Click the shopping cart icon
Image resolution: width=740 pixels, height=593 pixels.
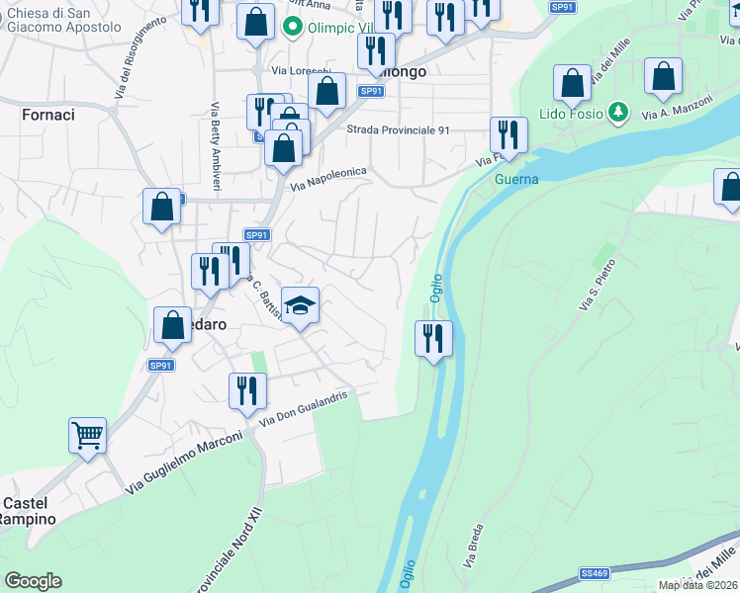[x=88, y=435]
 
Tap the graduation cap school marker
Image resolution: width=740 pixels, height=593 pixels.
[x=301, y=304]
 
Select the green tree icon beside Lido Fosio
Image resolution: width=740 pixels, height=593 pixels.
[x=618, y=113]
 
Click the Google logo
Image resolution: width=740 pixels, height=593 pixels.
[x=33, y=581]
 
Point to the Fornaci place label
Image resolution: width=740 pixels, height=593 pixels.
[x=47, y=115]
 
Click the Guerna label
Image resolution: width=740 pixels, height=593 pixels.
[x=516, y=179]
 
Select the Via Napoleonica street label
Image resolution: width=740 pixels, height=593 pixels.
[x=327, y=179]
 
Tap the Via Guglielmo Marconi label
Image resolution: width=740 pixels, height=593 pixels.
[x=184, y=463]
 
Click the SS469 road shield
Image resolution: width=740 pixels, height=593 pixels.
[x=594, y=572]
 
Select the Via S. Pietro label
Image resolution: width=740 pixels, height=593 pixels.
[x=598, y=286]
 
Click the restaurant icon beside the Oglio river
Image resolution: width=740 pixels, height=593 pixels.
[x=433, y=338]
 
